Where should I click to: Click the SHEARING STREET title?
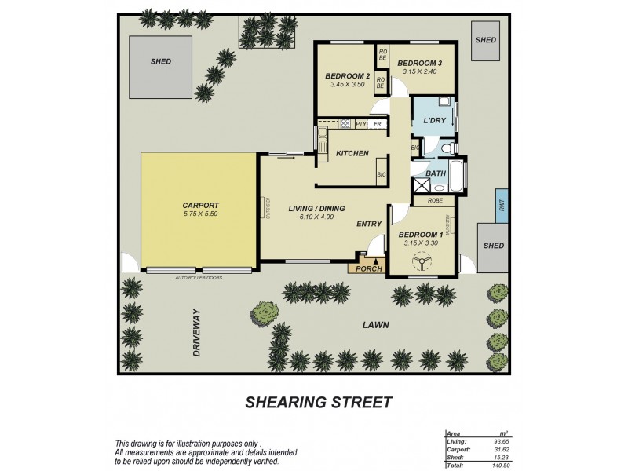click(x=318, y=403)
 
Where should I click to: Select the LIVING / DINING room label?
click(x=316, y=207)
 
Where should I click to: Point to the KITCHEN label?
click(x=352, y=153)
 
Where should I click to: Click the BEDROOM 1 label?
click(x=422, y=234)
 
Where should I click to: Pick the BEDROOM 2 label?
click(x=348, y=75)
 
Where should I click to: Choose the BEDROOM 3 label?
click(x=419, y=63)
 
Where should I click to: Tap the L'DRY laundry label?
click(x=434, y=121)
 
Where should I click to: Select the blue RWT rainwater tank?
click(x=500, y=206)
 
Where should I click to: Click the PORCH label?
click(x=368, y=268)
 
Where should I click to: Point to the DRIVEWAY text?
click(x=198, y=332)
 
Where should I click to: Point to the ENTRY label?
click(x=368, y=224)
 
